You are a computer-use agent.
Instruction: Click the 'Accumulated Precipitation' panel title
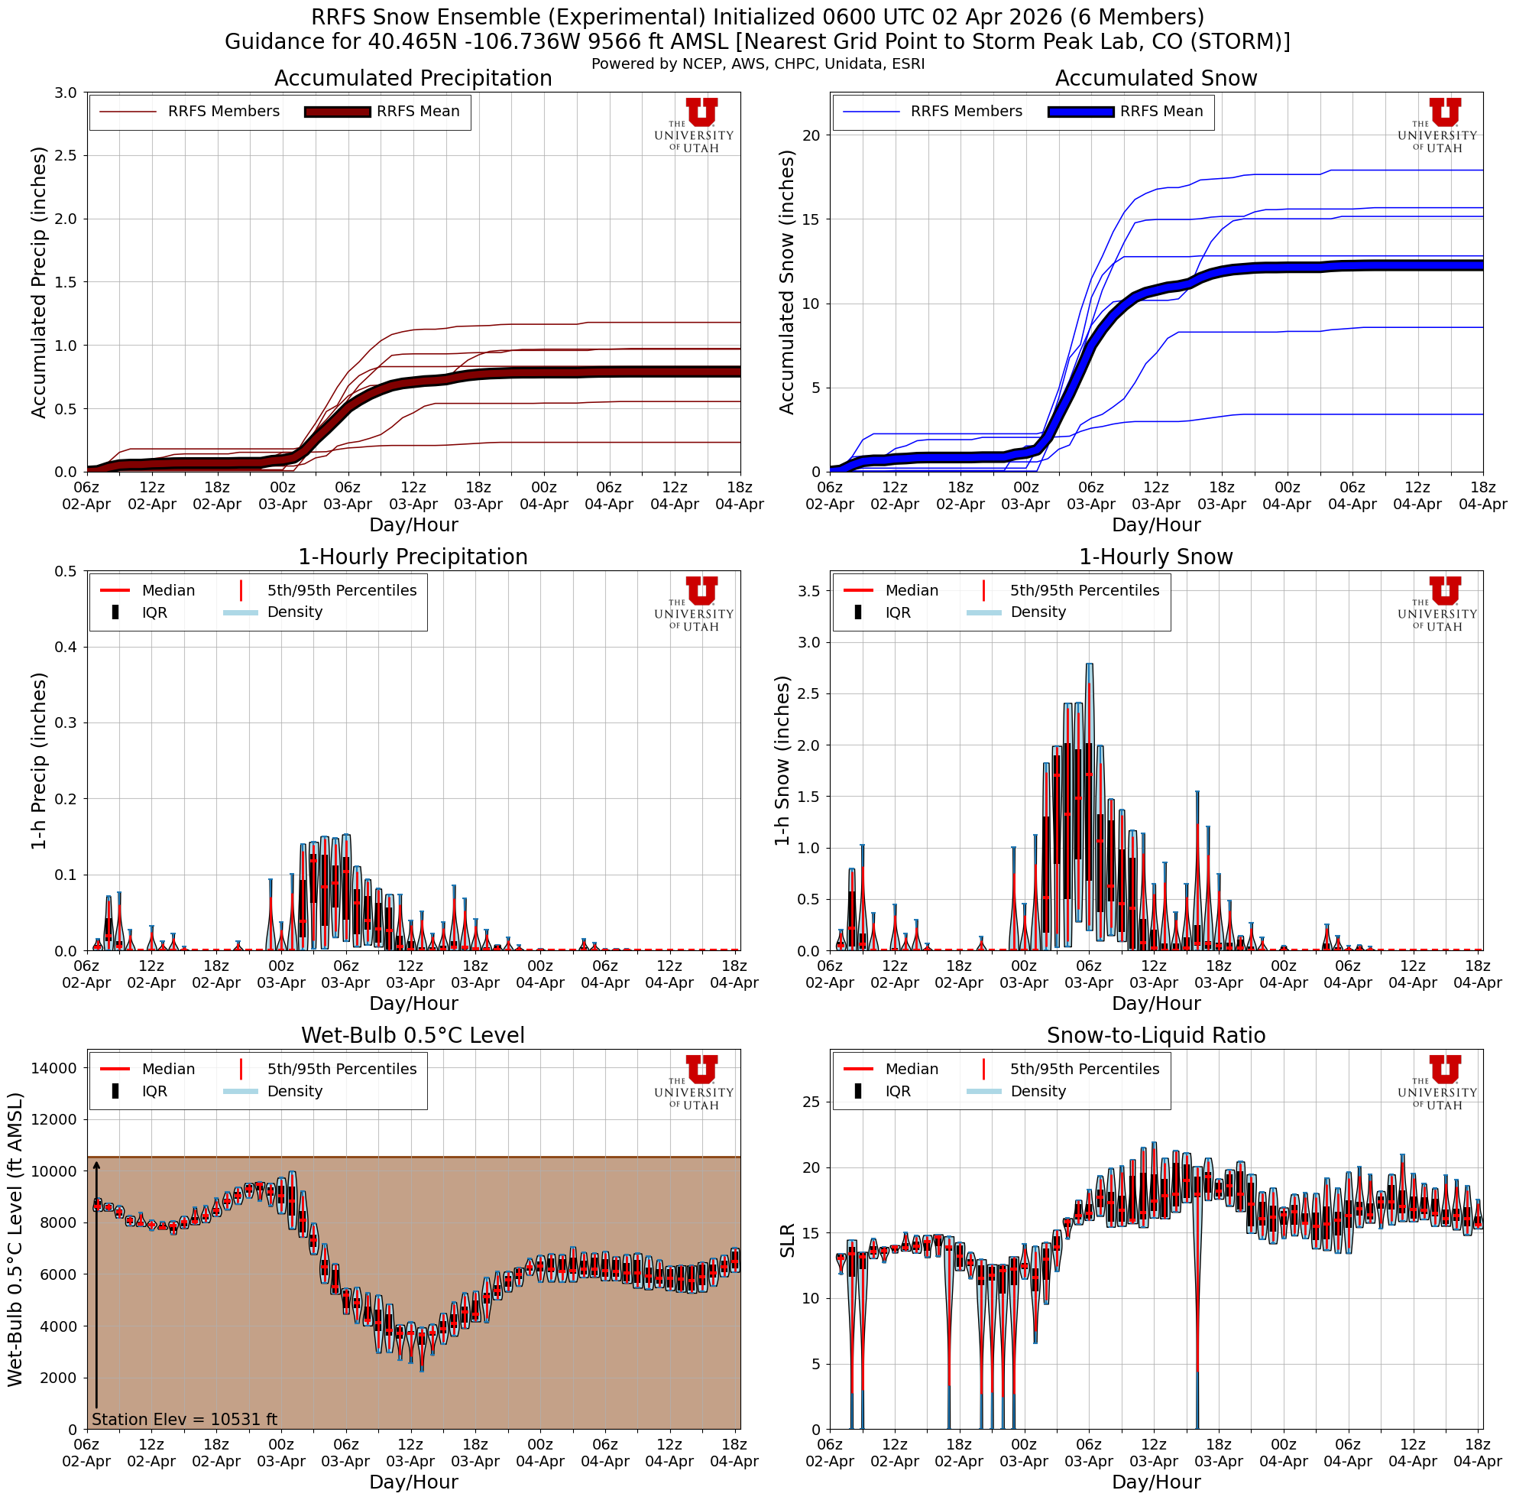coord(413,79)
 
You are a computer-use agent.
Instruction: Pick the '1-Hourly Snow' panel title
coord(1156,557)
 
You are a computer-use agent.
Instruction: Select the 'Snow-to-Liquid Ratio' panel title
coord(1156,1035)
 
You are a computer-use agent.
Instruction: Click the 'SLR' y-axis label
coord(787,1239)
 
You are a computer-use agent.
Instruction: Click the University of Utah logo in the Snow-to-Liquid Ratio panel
coord(1437,1083)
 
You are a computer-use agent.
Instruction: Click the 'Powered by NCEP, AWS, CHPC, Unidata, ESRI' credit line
coord(758,63)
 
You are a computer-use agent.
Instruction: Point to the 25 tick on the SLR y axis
coord(811,1102)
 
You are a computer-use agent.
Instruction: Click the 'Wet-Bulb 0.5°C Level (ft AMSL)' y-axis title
coord(16,1239)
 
